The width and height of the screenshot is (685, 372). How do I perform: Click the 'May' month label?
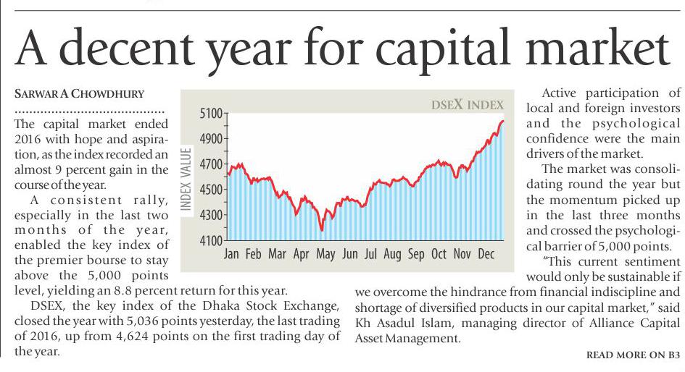pyautogui.click(x=325, y=255)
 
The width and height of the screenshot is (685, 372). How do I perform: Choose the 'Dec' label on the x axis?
pyautogui.click(x=486, y=254)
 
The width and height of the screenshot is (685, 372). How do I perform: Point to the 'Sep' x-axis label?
pyautogui.click(x=416, y=254)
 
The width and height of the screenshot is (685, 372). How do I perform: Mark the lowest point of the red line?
pyautogui.click(x=322, y=230)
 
